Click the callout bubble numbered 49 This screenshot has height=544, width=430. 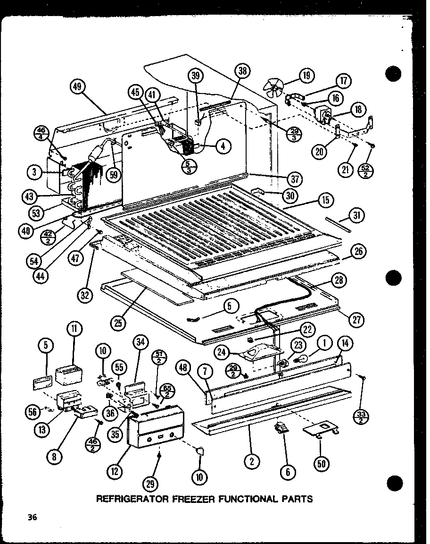(x=77, y=87)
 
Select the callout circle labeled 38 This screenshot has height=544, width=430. (x=242, y=71)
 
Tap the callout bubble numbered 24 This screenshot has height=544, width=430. (x=222, y=351)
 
